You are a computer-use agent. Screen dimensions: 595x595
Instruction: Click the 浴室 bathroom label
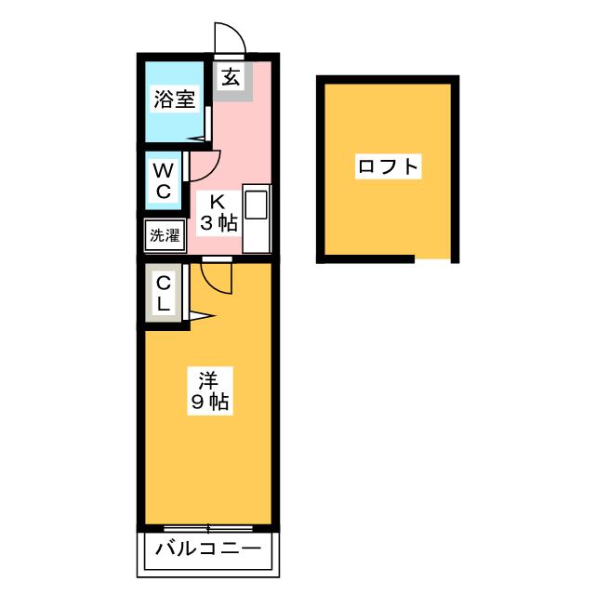tap(172, 99)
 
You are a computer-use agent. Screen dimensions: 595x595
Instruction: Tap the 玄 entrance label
tap(231, 77)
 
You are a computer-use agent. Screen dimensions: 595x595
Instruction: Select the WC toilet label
tap(163, 180)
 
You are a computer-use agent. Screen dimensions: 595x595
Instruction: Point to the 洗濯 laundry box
tap(164, 235)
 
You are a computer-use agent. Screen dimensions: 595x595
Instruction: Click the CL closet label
tap(163, 292)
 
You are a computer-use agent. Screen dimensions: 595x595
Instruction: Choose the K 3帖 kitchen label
tap(218, 212)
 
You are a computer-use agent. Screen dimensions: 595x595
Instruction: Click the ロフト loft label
tap(388, 167)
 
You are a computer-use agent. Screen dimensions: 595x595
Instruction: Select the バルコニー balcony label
tap(208, 549)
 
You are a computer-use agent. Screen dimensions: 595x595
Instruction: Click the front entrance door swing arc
tap(230, 39)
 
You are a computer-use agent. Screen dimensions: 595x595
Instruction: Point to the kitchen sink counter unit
tap(256, 218)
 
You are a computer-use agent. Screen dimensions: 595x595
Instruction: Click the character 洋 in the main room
tap(208, 378)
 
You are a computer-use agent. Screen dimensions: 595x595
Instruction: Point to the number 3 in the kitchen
tap(209, 223)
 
